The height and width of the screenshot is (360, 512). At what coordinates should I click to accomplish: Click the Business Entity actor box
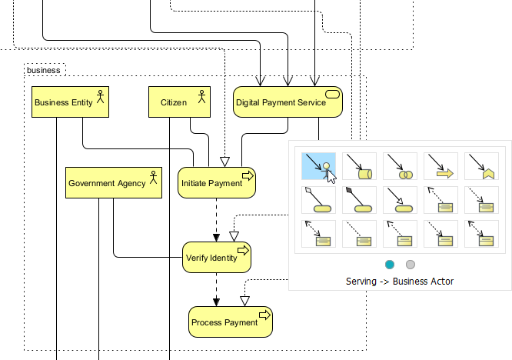click(70, 102)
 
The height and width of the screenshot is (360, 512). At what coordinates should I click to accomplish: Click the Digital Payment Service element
click(288, 102)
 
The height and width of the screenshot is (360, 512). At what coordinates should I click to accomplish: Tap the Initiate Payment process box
click(216, 183)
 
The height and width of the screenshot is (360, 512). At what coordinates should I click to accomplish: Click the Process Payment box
click(231, 322)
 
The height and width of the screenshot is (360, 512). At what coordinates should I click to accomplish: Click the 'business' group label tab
click(44, 70)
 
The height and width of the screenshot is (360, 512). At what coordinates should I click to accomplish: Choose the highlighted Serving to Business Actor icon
click(317, 165)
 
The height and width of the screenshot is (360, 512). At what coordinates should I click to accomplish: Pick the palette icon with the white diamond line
click(317, 198)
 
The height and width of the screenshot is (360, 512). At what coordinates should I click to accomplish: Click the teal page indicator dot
click(390, 265)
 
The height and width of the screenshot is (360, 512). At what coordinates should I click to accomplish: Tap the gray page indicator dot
click(411, 265)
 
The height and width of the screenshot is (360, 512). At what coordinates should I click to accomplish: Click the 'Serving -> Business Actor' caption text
click(400, 282)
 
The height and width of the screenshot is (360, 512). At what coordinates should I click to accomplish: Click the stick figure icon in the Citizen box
click(202, 95)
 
